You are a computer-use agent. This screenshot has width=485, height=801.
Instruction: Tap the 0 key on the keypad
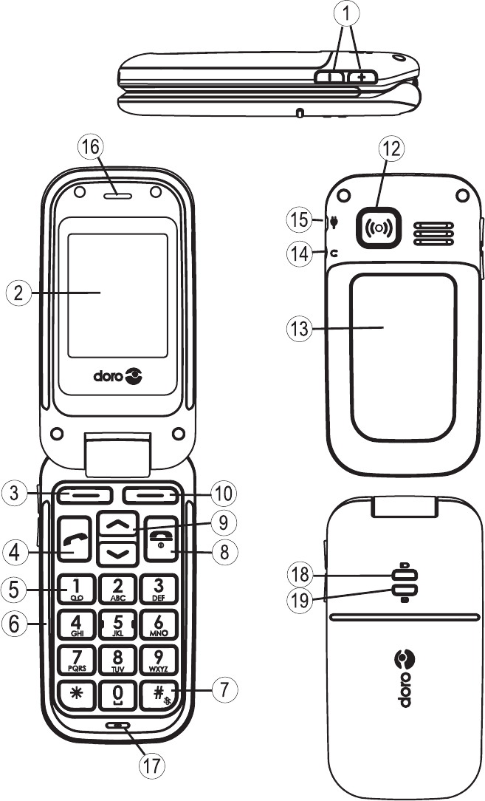117,695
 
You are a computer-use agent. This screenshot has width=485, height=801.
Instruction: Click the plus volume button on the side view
362,76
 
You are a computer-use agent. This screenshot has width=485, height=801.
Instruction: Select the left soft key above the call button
81,494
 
